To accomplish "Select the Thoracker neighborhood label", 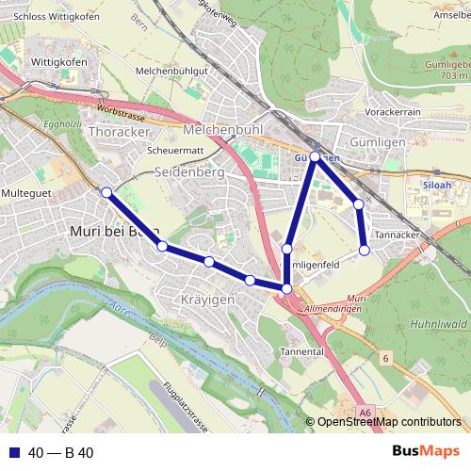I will [118, 132].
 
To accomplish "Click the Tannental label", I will [301, 351].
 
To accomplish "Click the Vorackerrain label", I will [392, 111].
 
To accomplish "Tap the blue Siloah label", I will [437, 186].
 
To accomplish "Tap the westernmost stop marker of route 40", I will [106, 192].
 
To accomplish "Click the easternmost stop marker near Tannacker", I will [365, 250].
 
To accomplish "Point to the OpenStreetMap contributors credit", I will [388, 422].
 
